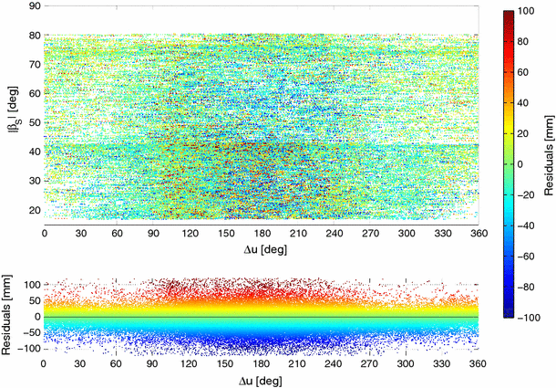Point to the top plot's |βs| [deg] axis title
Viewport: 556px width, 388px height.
tap(11, 114)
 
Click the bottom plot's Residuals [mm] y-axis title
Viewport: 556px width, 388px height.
tap(10, 316)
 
